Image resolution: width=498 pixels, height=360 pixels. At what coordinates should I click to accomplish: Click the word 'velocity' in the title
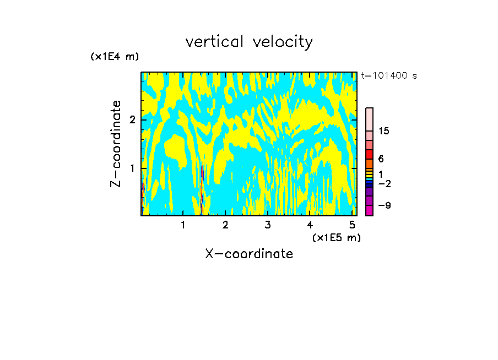coord(284,42)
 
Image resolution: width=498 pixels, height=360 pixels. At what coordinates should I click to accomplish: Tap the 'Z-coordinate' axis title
coord(116,144)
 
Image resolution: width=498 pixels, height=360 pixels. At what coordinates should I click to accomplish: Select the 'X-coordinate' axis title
coord(249,254)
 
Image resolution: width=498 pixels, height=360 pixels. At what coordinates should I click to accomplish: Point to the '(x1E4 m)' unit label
coord(115,57)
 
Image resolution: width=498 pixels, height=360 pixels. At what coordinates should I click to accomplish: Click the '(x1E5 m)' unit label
coord(336,237)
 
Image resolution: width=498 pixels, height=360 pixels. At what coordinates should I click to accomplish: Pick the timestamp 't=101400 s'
coord(389,76)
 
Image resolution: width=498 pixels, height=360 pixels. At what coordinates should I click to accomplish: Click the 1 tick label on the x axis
coord(183,225)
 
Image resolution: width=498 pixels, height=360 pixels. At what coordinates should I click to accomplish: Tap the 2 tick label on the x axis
coord(225,225)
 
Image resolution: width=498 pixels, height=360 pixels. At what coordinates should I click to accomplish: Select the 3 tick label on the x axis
coord(267,225)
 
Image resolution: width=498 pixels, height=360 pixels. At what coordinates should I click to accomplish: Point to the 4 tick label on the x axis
coord(310,225)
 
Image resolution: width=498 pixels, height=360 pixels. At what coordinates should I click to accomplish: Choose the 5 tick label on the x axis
coord(352,225)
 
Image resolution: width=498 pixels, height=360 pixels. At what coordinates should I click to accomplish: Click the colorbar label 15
coord(384,132)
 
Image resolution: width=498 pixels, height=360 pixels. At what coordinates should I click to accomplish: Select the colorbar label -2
coord(384,184)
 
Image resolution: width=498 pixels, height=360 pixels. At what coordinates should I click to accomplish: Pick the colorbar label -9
coord(384,205)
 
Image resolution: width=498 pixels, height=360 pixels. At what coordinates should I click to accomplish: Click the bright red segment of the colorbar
coord(369,154)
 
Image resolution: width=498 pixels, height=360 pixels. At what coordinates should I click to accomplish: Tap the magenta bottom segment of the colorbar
coord(369,210)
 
